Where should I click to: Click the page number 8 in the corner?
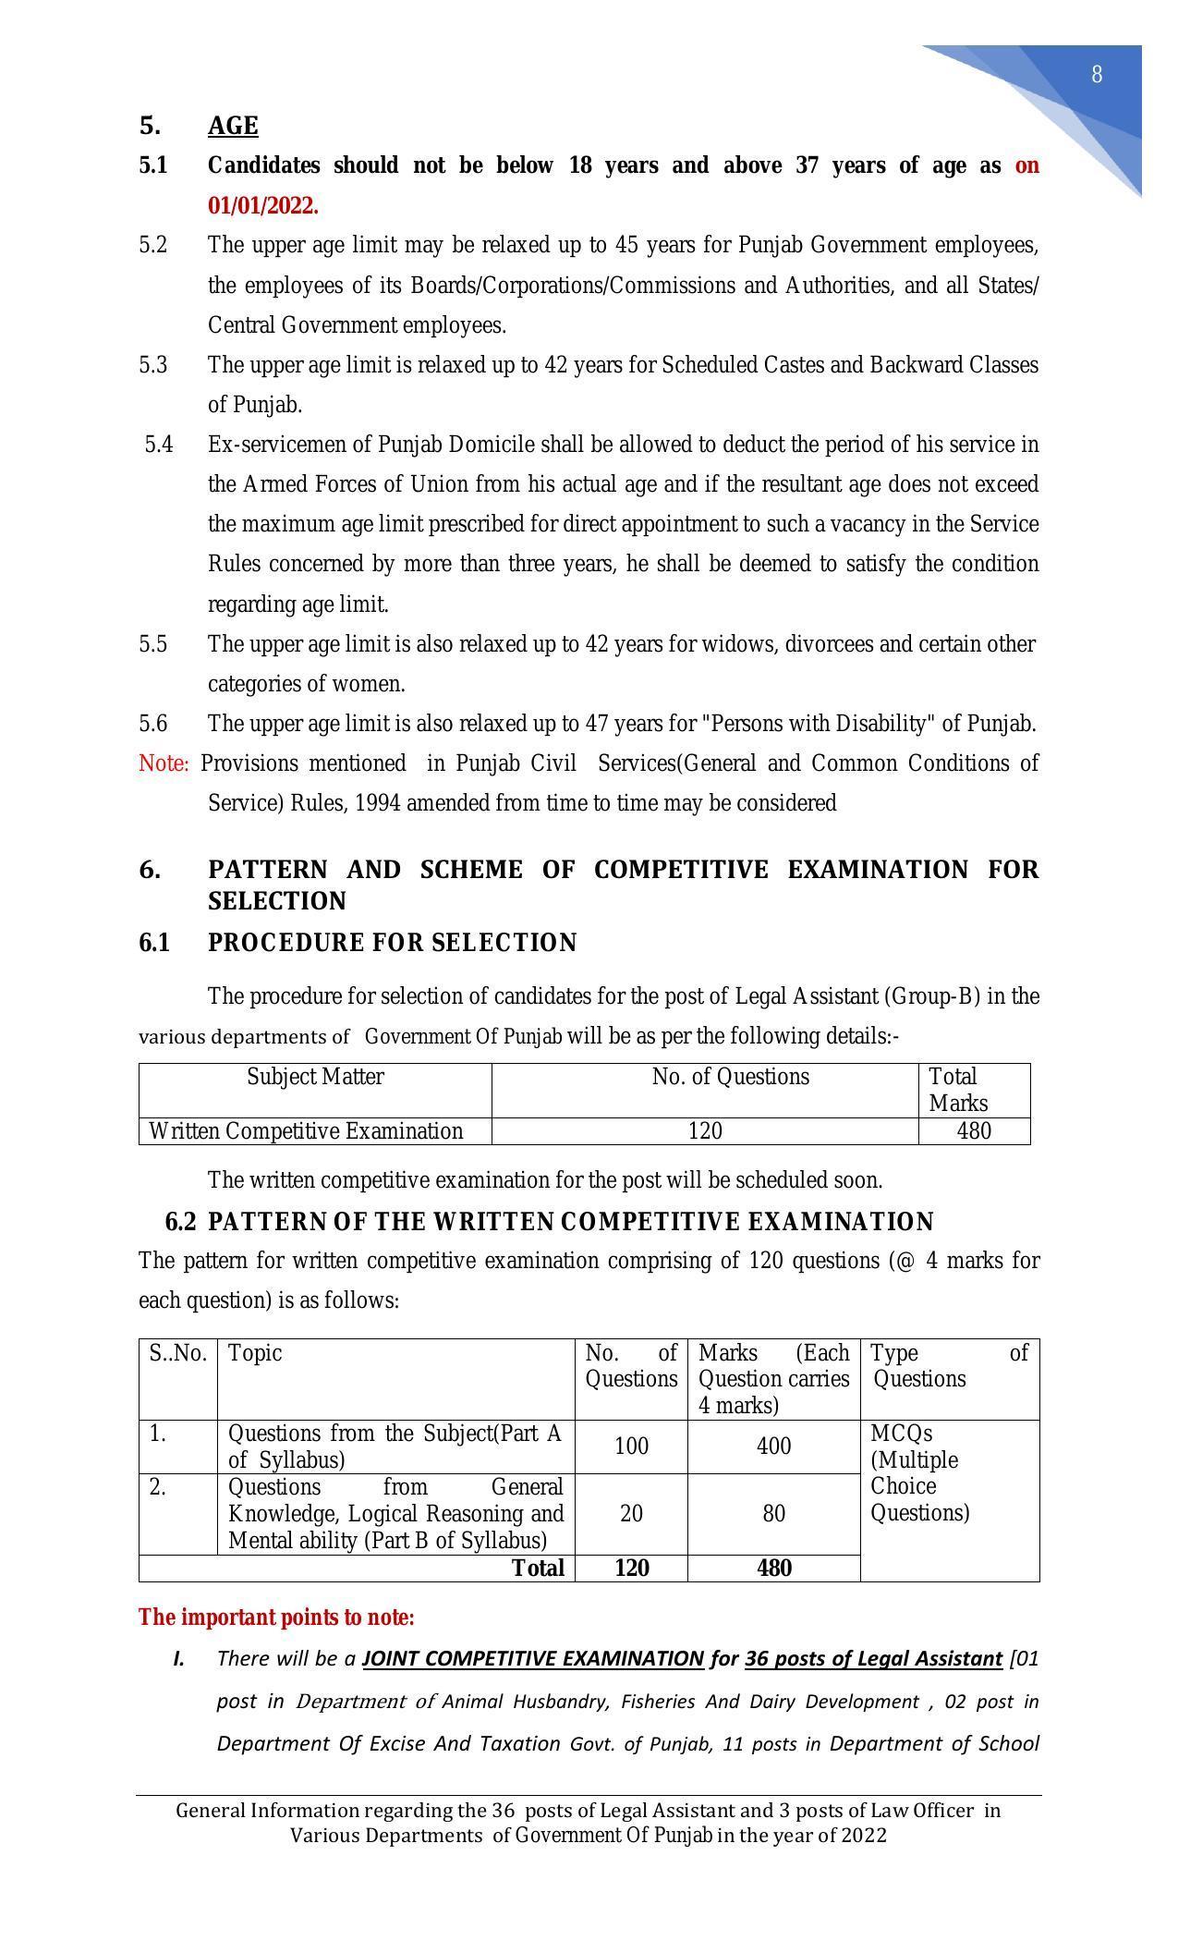pos(1097,75)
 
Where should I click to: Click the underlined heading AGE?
pos(233,126)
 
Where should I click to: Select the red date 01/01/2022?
pos(262,205)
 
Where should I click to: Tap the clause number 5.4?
pos(159,445)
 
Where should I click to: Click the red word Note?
pos(164,763)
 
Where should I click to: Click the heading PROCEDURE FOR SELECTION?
pos(392,943)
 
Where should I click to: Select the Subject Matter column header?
pos(315,1077)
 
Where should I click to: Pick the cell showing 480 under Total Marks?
pos(974,1131)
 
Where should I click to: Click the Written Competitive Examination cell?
pos(306,1131)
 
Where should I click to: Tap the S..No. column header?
pos(178,1353)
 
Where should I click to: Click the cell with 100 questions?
pos(631,1447)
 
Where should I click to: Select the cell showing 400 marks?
pos(773,1447)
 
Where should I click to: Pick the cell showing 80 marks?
pos(773,1514)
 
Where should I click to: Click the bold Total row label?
pos(538,1568)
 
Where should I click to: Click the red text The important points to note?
pos(276,1617)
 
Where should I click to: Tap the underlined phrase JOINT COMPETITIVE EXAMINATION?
pos(533,1658)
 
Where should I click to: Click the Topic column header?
pos(255,1353)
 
